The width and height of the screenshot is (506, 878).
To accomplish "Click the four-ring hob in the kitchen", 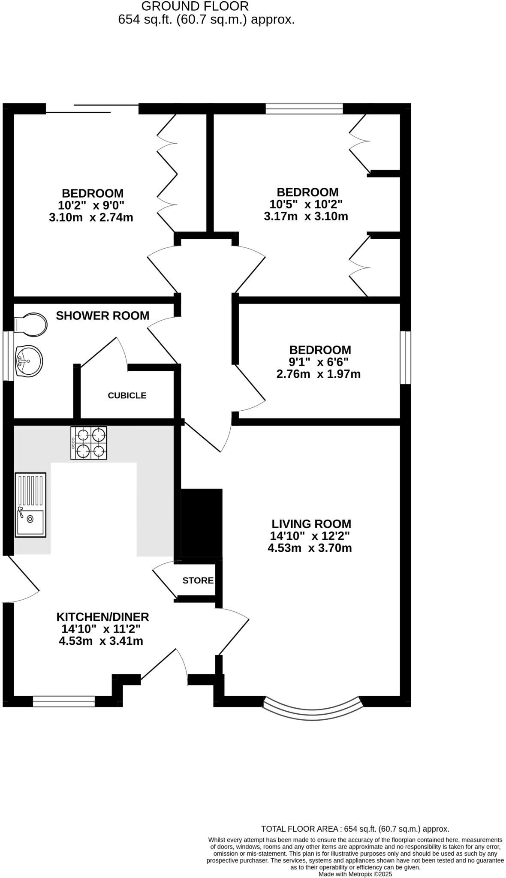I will coord(89,443).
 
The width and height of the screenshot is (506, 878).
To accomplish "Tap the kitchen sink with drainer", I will coord(30,505).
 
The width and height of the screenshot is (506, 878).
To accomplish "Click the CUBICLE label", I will coord(127,395).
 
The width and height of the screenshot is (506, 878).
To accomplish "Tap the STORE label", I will coord(198,580).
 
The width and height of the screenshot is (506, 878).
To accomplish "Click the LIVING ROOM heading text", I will coord(311,524).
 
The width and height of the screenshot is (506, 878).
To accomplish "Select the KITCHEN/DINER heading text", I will coord(102,617).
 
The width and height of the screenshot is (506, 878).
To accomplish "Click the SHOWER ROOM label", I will coord(102,316).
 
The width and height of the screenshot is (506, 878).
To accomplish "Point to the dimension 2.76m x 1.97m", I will coord(318,374).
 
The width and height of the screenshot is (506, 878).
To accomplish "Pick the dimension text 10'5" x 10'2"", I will coord(306,204).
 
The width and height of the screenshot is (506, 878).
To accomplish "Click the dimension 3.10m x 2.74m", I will coord(91,217).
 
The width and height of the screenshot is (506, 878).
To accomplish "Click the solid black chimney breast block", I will coord(202,523).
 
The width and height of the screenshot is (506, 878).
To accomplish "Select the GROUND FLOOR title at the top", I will coord(195,6).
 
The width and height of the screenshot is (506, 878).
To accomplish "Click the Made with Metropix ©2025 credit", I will coord(355,874).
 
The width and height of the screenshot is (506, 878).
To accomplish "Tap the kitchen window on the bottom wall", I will coord(63,701).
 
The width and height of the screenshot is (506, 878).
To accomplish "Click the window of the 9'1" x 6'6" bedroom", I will coord(406,357).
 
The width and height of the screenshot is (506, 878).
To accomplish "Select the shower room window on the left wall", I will coord(8,355).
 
